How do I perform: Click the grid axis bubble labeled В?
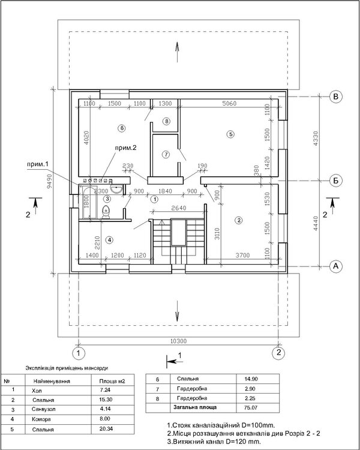(x=337, y=95)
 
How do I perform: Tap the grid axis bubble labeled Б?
(x=337, y=179)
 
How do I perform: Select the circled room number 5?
(x=230, y=134)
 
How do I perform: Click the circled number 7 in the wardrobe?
(x=166, y=154)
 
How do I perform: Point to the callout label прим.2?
(x=127, y=147)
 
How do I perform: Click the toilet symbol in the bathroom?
(x=106, y=211)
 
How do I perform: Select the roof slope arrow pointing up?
(x=178, y=48)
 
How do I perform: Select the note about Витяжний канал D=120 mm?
(x=214, y=441)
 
